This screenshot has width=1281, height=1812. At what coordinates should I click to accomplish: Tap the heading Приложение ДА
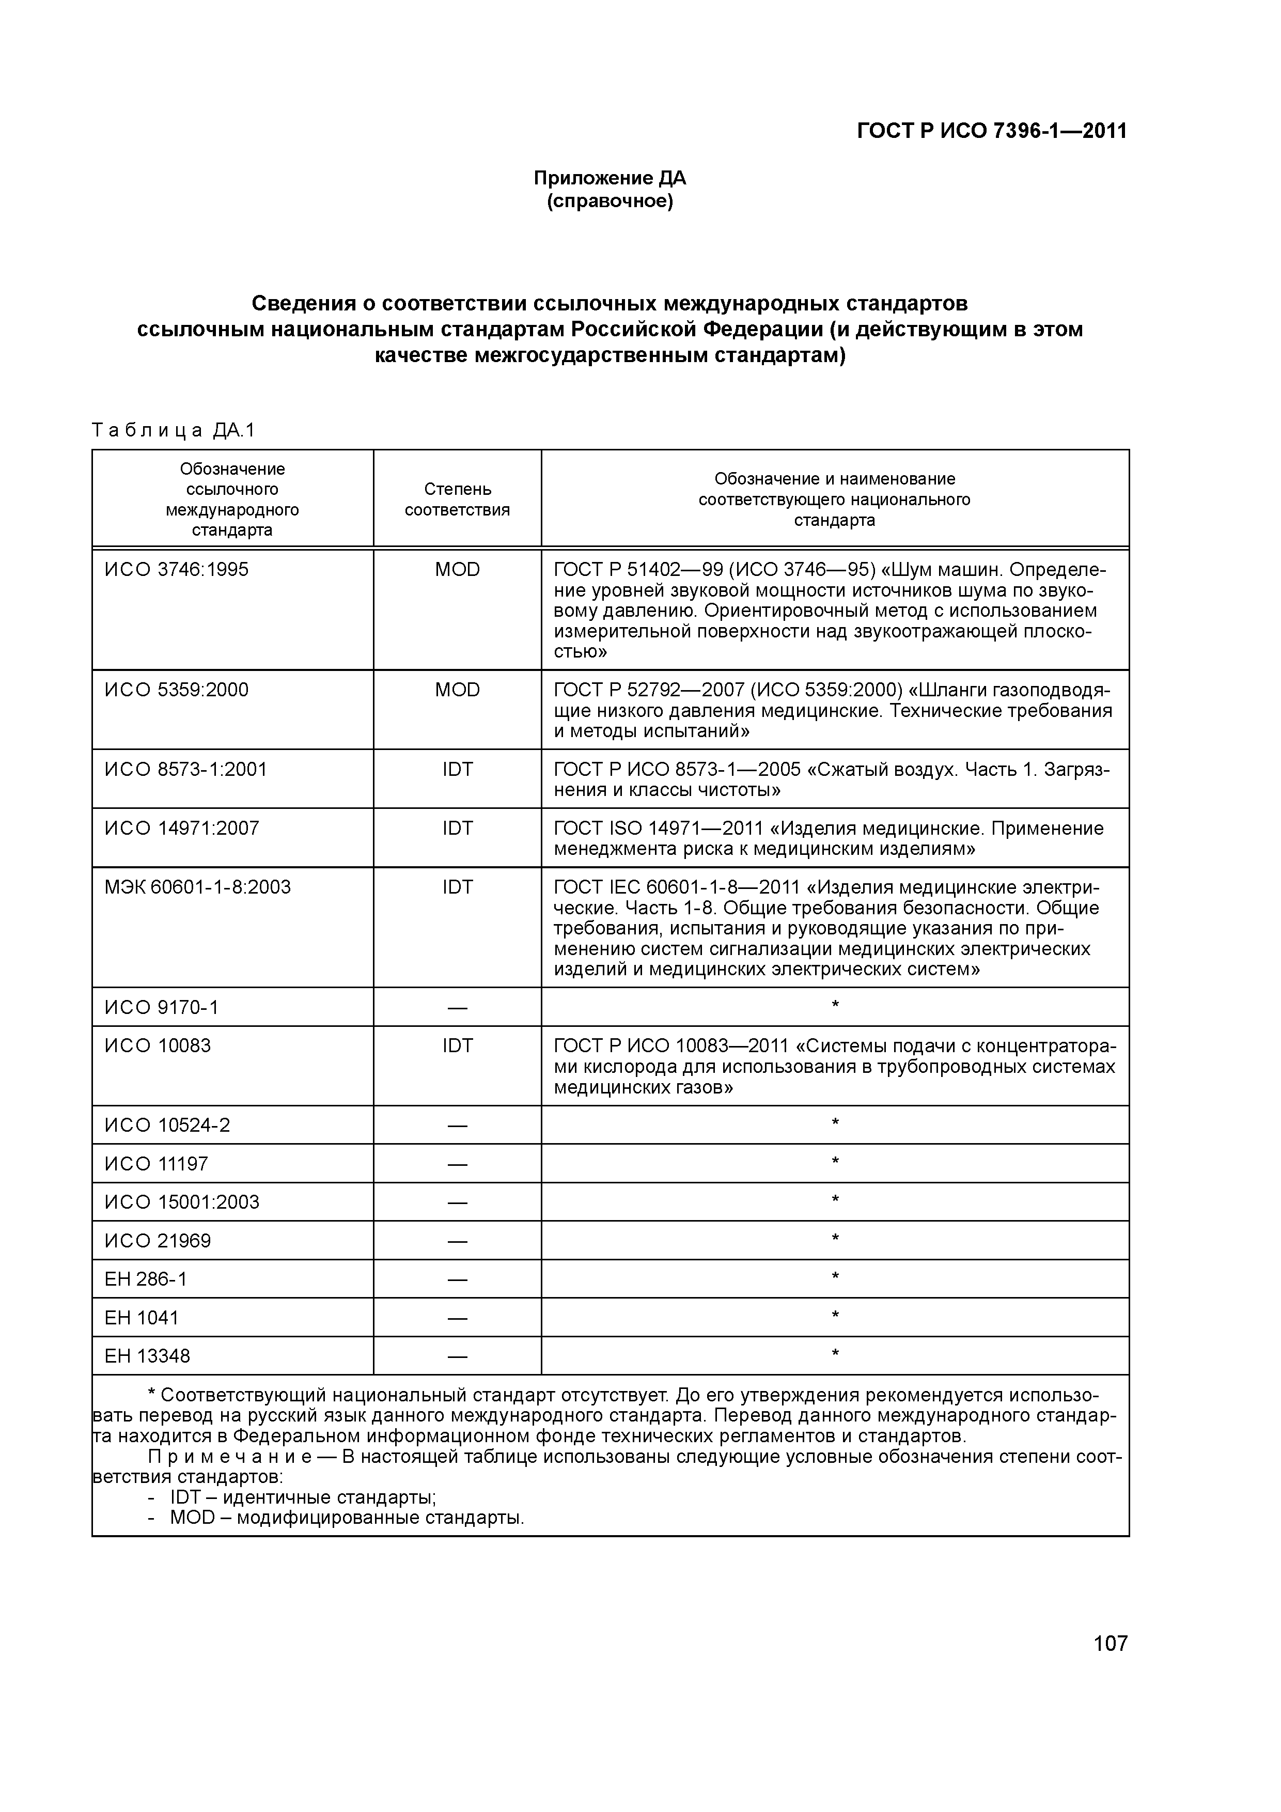click(610, 178)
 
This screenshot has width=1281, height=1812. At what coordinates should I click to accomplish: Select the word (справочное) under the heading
click(610, 202)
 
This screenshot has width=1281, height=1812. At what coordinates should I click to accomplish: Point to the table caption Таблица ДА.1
click(174, 430)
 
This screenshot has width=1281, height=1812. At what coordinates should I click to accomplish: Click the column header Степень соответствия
click(457, 499)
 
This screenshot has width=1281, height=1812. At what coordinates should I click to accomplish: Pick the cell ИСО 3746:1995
click(176, 570)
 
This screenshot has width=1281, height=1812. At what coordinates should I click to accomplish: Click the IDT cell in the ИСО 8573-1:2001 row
click(457, 770)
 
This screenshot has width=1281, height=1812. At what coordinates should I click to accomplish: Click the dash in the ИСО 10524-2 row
click(457, 1126)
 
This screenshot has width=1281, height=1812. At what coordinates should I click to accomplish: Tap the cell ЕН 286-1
click(146, 1279)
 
